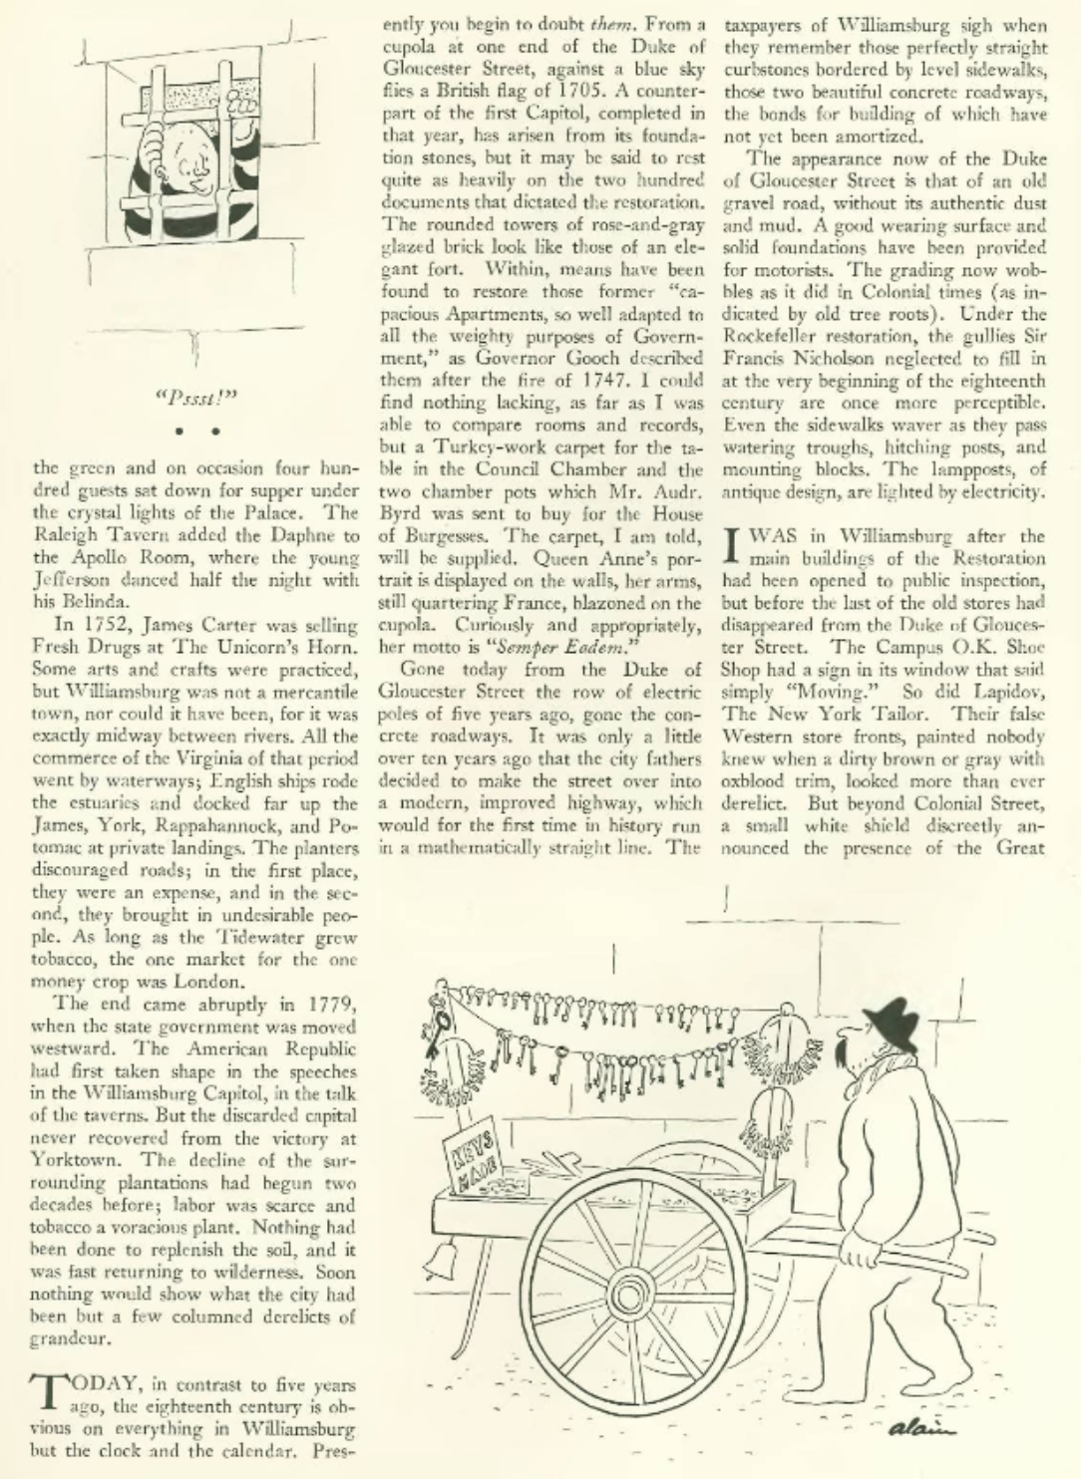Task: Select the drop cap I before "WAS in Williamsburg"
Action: (734, 544)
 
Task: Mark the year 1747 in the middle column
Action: (617, 382)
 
